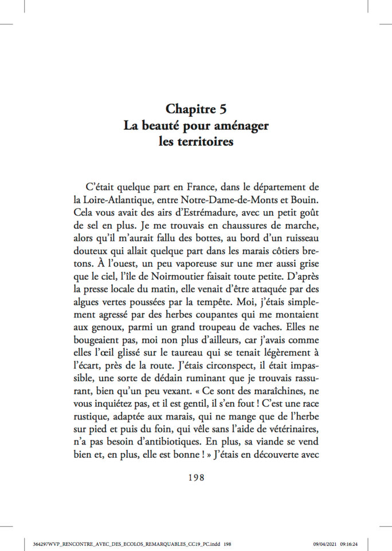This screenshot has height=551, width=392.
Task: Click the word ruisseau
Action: pyautogui.click(x=295, y=244)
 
